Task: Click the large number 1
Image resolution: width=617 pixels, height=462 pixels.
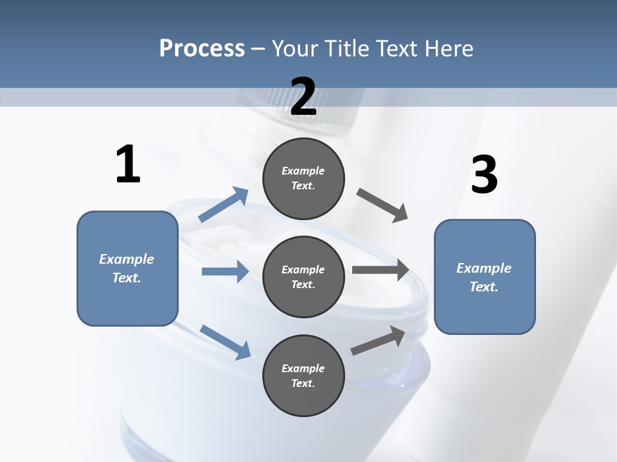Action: coord(128,165)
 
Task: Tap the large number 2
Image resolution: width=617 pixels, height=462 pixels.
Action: coord(303,97)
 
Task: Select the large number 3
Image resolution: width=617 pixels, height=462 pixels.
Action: coord(484,175)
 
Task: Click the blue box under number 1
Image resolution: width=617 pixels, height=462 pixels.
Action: coord(127,268)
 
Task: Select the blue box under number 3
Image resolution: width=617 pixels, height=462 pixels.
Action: coord(485,277)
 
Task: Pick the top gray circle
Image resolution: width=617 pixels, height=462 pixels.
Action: coord(303,178)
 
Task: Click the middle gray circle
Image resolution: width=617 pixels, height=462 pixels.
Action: coord(303,277)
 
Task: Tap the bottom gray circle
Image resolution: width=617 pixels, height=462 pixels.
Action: coord(303,375)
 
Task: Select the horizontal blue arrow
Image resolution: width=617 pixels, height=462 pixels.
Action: coord(225,271)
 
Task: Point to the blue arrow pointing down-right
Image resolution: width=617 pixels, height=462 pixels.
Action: coord(225,341)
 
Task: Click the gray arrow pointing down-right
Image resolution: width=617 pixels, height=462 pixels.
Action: coord(382,205)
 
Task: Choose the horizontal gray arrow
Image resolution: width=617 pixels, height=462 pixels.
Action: coord(380,269)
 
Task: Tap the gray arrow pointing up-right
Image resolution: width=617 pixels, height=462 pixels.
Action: coord(379,340)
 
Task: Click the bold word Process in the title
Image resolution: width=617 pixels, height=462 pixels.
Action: coord(202,48)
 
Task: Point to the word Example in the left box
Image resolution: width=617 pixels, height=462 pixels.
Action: coord(127,259)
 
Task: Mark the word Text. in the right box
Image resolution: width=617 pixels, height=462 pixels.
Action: coord(484,287)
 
